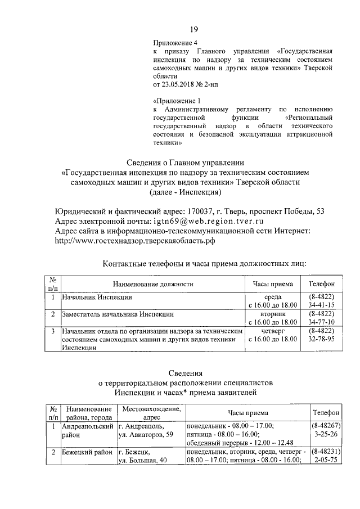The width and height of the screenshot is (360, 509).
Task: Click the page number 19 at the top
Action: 193,30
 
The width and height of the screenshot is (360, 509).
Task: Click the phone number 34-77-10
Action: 321,322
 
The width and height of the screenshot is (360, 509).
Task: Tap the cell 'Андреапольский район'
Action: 84,430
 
